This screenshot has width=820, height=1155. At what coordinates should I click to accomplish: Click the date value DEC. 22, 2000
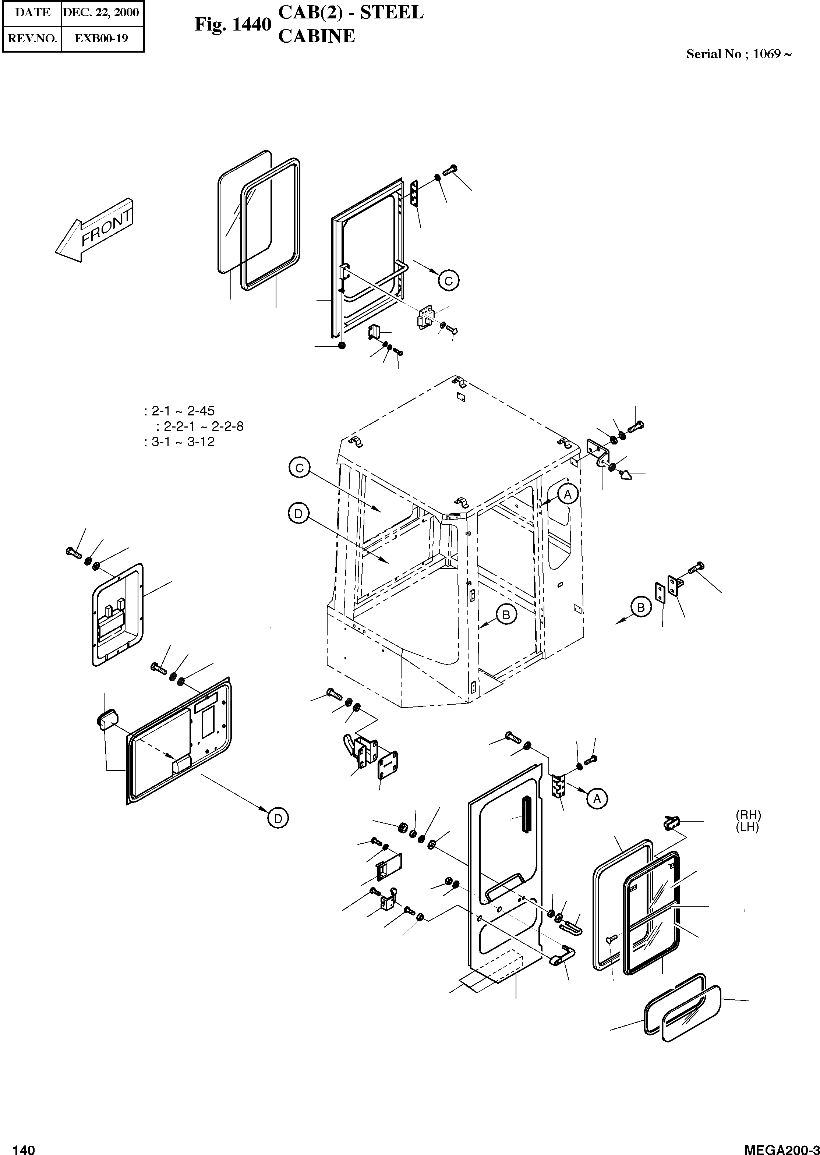pyautogui.click(x=101, y=13)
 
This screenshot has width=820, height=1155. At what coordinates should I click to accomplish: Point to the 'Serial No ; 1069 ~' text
pyautogui.click(x=738, y=54)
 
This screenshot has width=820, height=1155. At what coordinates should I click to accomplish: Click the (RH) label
pyautogui.click(x=748, y=815)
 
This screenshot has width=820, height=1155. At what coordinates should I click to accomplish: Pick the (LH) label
pyautogui.click(x=748, y=827)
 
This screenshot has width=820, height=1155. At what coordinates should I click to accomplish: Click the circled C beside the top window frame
pyautogui.click(x=448, y=280)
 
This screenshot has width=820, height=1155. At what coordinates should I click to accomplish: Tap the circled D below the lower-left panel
pyautogui.click(x=277, y=818)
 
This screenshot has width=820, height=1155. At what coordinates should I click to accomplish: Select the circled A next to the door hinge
pyautogui.click(x=597, y=798)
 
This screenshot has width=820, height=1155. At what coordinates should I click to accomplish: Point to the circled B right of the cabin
pyautogui.click(x=641, y=607)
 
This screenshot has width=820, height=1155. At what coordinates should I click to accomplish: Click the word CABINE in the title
pyautogui.click(x=317, y=36)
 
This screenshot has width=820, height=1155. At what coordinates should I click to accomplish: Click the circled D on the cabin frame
pyautogui.click(x=298, y=514)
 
